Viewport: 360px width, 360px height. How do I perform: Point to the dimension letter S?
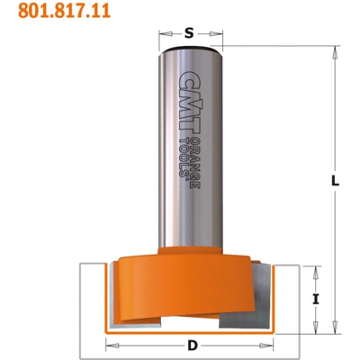(189, 32)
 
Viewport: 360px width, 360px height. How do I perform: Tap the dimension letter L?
(334, 181)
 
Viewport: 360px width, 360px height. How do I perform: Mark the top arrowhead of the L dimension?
(334, 41)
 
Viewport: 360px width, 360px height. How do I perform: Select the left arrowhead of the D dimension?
(110, 344)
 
